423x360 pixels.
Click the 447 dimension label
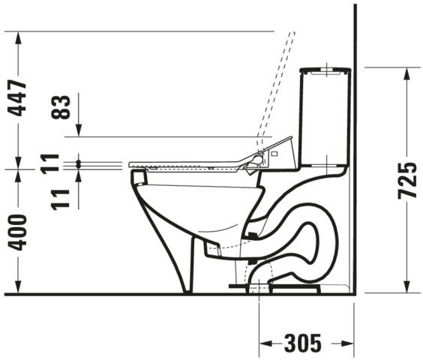[x=17, y=97]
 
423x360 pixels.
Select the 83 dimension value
[x=61, y=106]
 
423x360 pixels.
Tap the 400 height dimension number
[x=17, y=232]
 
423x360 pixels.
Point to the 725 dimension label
[x=407, y=181]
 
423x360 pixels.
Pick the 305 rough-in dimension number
[x=303, y=343]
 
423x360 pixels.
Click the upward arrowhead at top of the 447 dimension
[x=18, y=37]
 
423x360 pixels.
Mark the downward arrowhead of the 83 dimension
[x=79, y=130]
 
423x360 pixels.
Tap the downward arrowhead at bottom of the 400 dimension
[x=18, y=287]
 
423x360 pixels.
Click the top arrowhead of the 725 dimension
[x=406, y=73]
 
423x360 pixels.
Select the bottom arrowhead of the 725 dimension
[x=406, y=286]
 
